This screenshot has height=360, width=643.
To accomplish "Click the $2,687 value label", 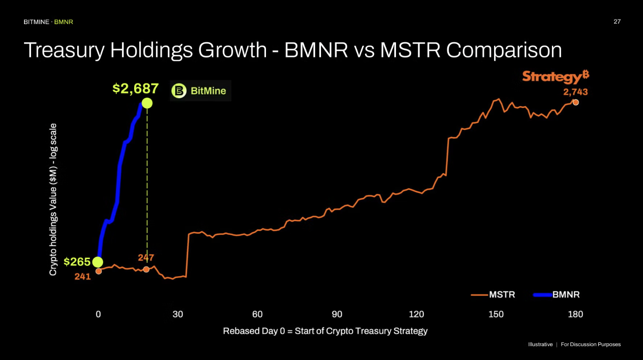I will (136, 88).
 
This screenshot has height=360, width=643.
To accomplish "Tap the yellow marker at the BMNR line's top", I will (147, 103).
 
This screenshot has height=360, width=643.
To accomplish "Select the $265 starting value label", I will (77, 262).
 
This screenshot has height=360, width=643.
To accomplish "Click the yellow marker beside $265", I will (98, 262).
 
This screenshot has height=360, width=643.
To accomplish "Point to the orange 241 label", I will (82, 277).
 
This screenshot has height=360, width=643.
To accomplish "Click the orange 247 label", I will (146, 258).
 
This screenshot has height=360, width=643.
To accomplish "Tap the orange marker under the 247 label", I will (146, 269).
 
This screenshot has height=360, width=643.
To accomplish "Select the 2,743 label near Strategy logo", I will (575, 92).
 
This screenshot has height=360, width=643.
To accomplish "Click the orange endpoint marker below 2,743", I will (575, 102).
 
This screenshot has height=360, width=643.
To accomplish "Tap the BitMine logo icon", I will (178, 91).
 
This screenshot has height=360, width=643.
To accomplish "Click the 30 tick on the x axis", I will (178, 315).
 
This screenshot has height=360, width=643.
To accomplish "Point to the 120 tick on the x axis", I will (416, 315).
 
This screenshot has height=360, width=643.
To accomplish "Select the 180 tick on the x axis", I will (575, 315).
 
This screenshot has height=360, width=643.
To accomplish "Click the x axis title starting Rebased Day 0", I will (325, 331).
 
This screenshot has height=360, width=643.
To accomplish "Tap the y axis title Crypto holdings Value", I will (53, 199).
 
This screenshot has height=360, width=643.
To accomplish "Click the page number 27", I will (617, 22).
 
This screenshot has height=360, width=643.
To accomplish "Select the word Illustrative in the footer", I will (540, 345).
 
